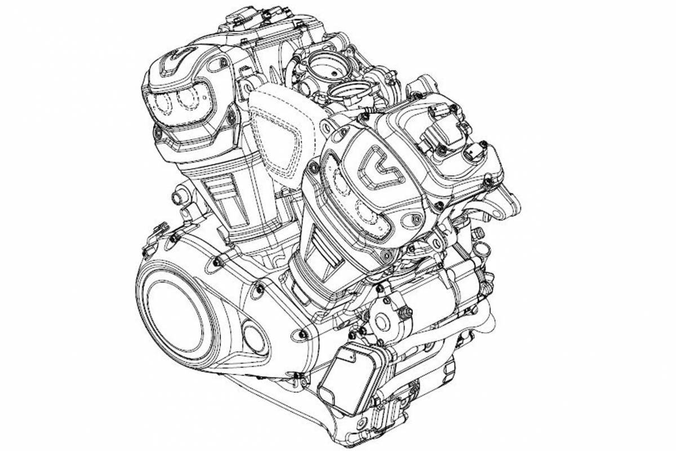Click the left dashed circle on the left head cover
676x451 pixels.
[162, 102]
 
